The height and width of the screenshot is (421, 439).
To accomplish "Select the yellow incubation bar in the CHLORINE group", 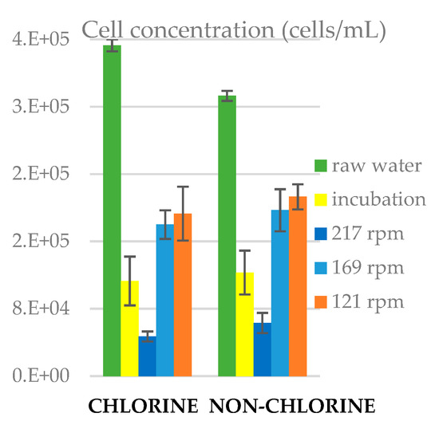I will point(129,328).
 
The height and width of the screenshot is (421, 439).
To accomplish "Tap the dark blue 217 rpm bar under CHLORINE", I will point(147,356).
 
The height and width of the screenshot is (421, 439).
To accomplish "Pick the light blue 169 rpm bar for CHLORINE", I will point(164,300).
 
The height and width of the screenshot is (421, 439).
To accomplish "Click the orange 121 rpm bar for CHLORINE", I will point(183,294).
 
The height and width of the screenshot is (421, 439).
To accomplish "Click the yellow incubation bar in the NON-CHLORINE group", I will point(245,324).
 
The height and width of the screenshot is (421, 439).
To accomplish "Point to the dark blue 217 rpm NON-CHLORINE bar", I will point(262,349).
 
